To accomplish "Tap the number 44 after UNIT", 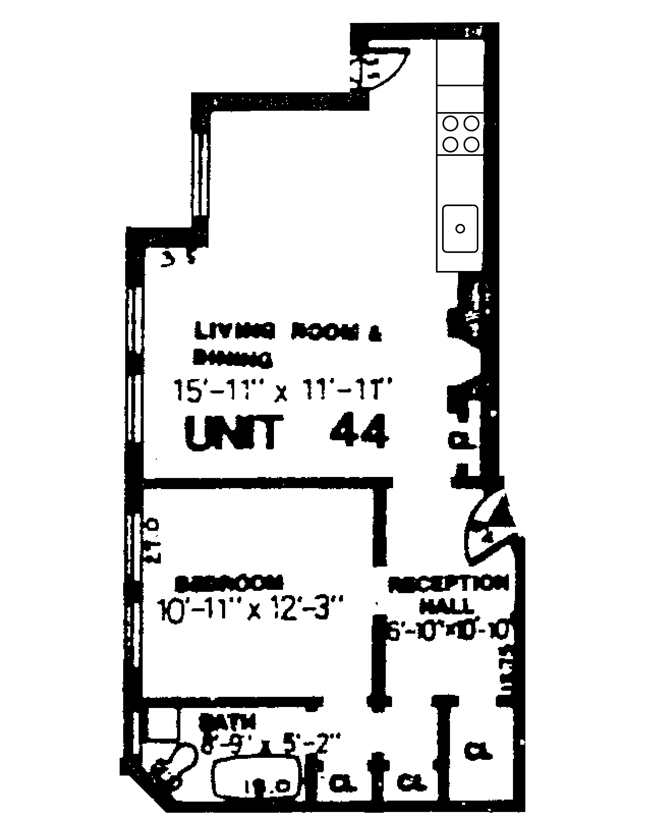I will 359,430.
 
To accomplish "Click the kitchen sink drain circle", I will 460,229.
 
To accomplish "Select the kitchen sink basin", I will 460,229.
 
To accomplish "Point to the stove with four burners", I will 460,134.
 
